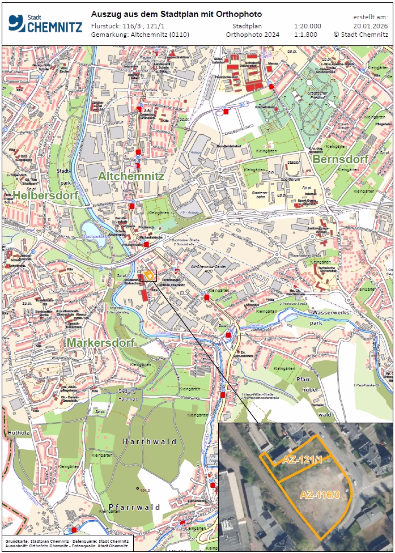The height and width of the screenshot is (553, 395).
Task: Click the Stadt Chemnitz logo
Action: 45,24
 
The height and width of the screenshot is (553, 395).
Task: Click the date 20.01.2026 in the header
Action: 370,26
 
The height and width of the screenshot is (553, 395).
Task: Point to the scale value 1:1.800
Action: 305,34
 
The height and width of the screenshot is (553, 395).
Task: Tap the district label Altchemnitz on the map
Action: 131,176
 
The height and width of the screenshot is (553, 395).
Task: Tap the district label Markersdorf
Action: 100,343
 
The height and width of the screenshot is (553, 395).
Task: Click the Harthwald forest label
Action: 149,441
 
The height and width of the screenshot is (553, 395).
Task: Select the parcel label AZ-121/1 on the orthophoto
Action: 302,460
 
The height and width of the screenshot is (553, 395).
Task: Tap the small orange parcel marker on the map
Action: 151,275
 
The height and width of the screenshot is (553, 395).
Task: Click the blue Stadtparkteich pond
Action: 94,234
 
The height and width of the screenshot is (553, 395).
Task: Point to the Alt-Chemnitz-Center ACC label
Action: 207,269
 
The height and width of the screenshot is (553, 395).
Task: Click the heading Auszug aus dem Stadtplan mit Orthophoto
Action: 176,14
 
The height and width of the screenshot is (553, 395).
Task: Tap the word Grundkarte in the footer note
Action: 15,541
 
